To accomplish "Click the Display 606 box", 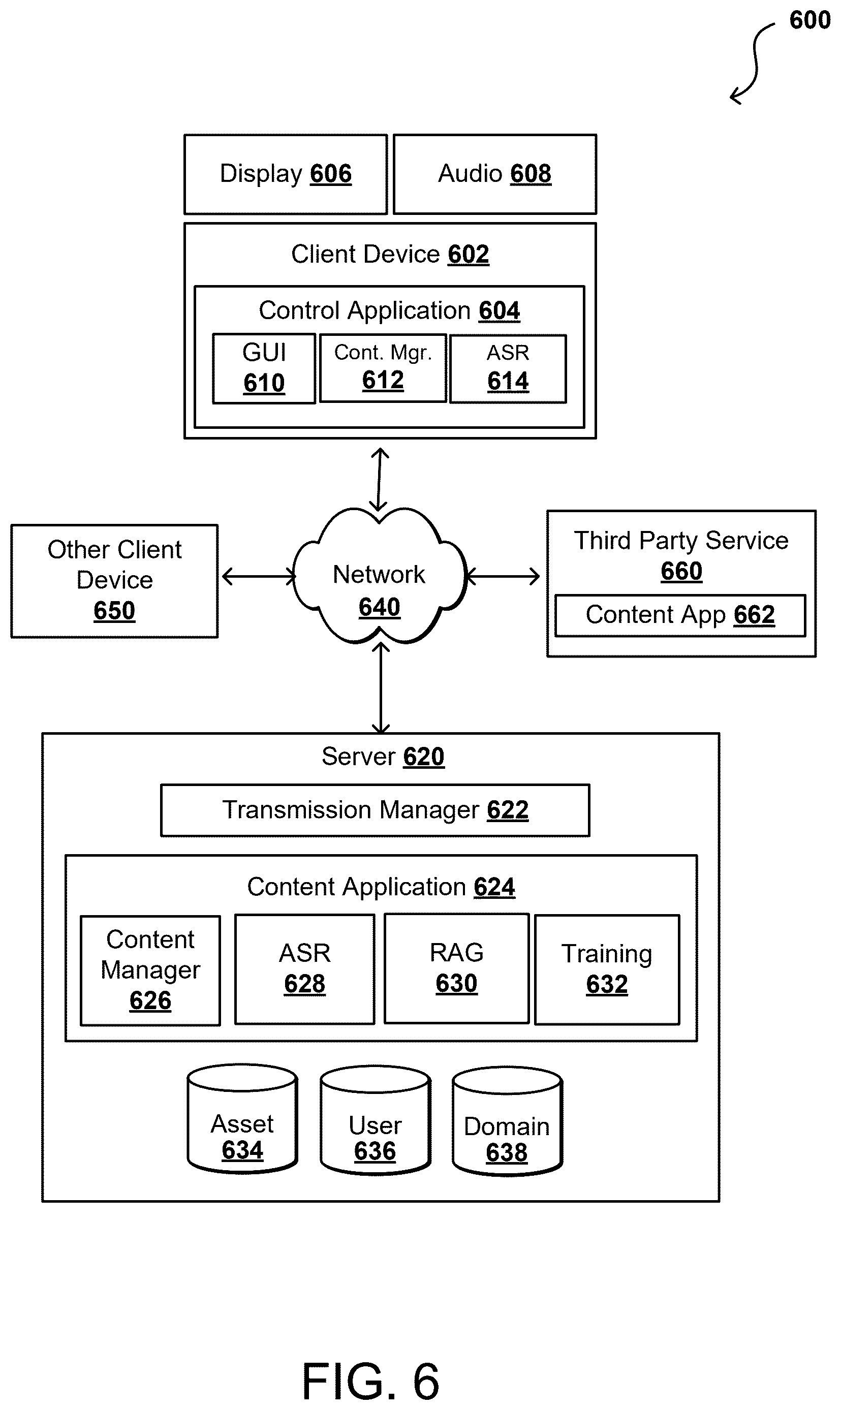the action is click(x=286, y=174).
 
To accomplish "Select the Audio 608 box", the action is click(x=495, y=174).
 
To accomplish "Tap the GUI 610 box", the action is click(x=264, y=368).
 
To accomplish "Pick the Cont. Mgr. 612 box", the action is click(x=383, y=368).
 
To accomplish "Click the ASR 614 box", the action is click(x=508, y=369).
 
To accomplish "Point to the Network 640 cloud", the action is click(x=380, y=576).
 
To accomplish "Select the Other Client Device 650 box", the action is click(x=114, y=581).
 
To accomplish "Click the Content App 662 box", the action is click(x=680, y=615).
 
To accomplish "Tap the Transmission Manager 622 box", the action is click(x=375, y=810).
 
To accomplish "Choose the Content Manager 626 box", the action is click(x=150, y=970).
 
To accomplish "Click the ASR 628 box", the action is click(x=305, y=969).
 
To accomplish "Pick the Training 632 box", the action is click(x=607, y=970).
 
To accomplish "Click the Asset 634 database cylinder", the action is click(x=242, y=1118).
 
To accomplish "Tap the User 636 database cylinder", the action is click(x=375, y=1120).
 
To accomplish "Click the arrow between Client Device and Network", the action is click(x=379, y=479).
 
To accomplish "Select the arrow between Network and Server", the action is click(x=381, y=687).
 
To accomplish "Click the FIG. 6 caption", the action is click(x=370, y=1381).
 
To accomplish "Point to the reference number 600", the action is click(x=810, y=20).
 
